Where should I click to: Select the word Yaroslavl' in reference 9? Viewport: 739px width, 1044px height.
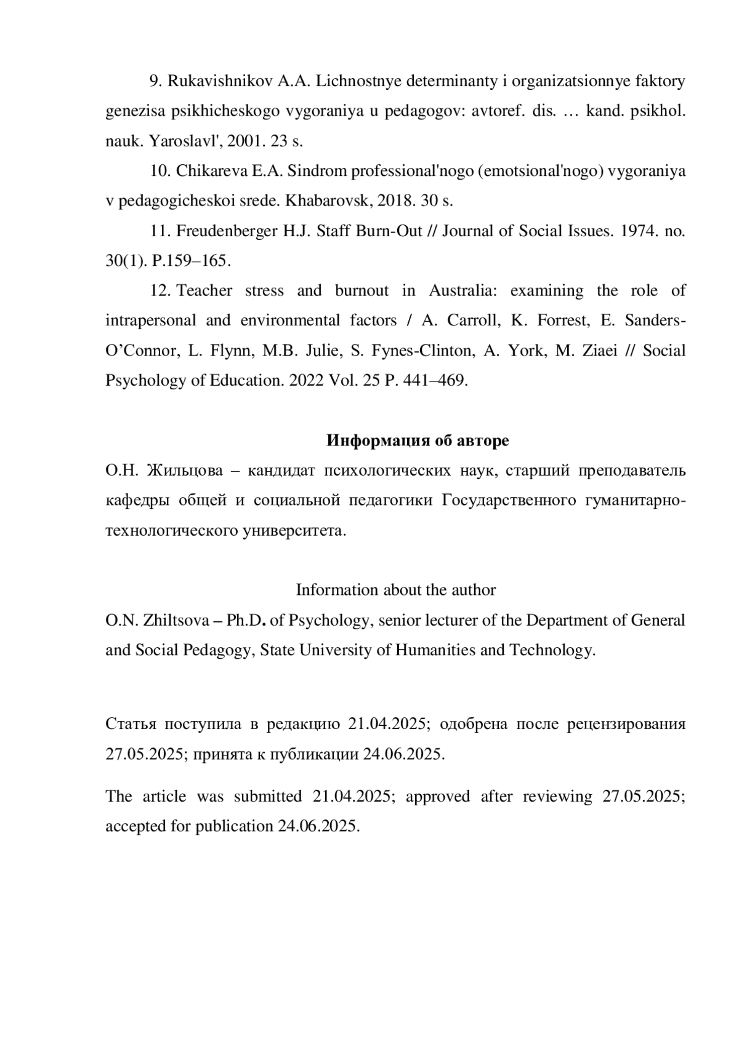click(185, 141)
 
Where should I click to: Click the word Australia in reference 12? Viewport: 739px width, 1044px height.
click(462, 290)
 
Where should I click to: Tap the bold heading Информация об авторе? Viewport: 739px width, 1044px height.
click(417, 440)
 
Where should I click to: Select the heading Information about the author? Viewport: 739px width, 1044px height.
click(395, 590)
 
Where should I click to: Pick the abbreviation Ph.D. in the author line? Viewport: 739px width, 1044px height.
click(246, 620)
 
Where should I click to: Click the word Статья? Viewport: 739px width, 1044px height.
click(131, 724)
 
